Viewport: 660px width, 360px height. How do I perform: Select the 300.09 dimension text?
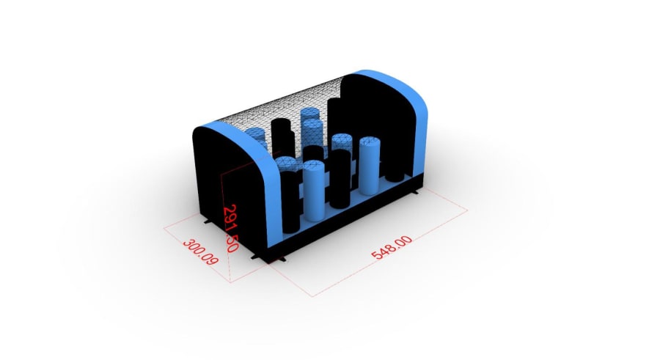(201, 251)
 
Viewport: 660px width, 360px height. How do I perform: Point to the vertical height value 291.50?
(231, 228)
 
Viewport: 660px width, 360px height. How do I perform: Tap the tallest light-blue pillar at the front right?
(370, 166)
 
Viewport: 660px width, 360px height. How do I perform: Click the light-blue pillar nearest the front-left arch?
(314, 191)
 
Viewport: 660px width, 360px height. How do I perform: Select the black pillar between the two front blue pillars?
(340, 178)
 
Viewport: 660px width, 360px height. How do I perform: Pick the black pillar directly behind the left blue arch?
(290, 202)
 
